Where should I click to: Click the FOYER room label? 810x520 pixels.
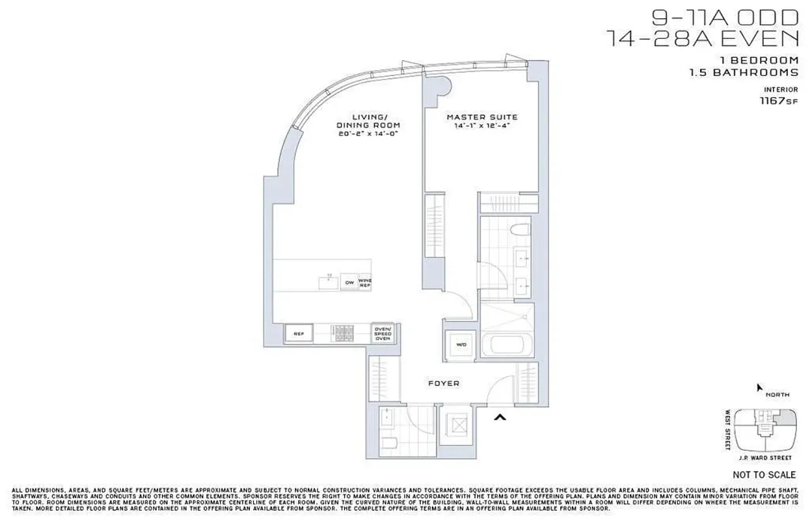tap(444, 383)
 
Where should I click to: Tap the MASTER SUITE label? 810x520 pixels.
tap(482, 117)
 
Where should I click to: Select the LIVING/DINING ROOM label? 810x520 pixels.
tap(368, 121)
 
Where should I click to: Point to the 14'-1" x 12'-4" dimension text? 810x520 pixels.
tap(482, 126)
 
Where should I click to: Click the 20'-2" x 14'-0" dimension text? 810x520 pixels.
tap(368, 133)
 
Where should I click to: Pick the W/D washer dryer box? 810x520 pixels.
tap(461, 344)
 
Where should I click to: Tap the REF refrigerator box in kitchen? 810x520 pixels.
tap(299, 334)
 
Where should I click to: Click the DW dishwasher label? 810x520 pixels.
tap(349, 283)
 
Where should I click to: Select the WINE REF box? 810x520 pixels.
tap(364, 283)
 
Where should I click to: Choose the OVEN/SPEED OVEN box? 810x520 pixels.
tap(383, 333)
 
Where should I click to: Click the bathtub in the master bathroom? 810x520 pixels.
tap(506, 344)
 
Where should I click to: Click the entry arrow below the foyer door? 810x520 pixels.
tap(500, 417)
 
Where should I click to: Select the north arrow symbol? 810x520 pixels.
tap(758, 387)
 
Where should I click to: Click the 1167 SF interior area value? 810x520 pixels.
tap(780, 101)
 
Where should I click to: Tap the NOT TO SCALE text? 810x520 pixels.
tap(764, 474)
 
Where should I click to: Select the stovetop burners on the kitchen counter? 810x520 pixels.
tap(342, 333)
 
